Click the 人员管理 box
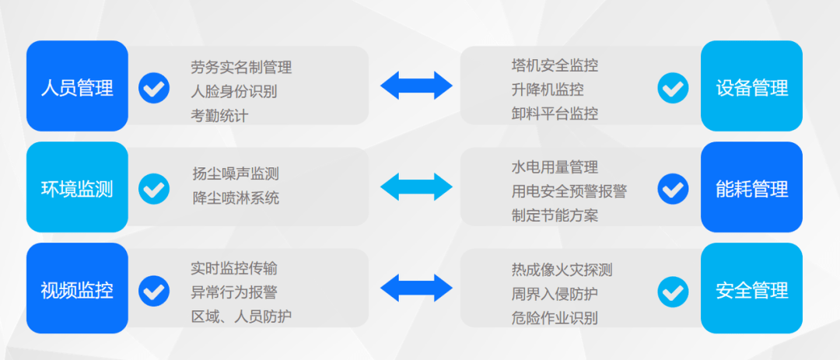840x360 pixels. [x=77, y=86]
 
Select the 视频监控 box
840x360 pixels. [x=77, y=289]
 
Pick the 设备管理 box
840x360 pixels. [x=751, y=86]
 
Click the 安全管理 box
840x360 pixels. [x=751, y=289]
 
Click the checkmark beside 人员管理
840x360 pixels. [x=154, y=87]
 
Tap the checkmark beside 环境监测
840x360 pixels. [x=154, y=188]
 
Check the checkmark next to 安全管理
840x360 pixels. [x=673, y=291]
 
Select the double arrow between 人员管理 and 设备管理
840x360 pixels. [x=416, y=86]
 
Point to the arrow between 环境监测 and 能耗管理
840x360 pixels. [x=416, y=187]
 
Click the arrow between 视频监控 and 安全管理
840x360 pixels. [x=416, y=288]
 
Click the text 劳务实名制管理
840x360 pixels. [x=241, y=68]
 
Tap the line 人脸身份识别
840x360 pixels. [x=233, y=91]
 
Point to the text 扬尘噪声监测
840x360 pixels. [x=236, y=174]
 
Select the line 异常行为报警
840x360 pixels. [x=233, y=293]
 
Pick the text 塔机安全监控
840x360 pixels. [x=555, y=66]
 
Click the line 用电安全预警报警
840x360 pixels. [x=569, y=191]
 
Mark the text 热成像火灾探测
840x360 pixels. [x=562, y=271]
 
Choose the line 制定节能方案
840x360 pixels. [x=555, y=215]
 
